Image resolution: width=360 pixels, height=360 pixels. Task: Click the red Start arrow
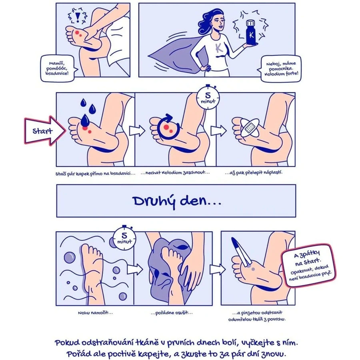pos(45,131)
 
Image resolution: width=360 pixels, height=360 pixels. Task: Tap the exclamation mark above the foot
pos(78,17)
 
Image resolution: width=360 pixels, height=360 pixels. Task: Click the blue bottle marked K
pos(251,32)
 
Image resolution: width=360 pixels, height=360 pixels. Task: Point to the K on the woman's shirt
pos(219,48)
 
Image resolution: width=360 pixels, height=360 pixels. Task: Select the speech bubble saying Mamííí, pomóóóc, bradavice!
pos(58,68)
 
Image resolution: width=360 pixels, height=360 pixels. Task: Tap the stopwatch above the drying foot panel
pos(208,97)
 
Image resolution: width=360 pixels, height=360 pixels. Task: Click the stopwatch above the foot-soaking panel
pos(124,238)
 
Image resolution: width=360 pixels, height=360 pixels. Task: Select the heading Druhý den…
pos(177,201)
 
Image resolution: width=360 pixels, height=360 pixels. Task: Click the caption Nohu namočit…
pos(95,313)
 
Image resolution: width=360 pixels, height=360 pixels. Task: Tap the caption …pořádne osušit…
pos(172,313)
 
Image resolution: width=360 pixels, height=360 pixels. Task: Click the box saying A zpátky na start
pos(309,266)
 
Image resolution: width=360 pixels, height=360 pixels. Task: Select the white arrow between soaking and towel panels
pos(135,269)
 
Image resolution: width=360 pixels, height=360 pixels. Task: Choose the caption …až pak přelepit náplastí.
pos(254,173)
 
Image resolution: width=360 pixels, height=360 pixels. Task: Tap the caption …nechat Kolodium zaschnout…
pos(175,173)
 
